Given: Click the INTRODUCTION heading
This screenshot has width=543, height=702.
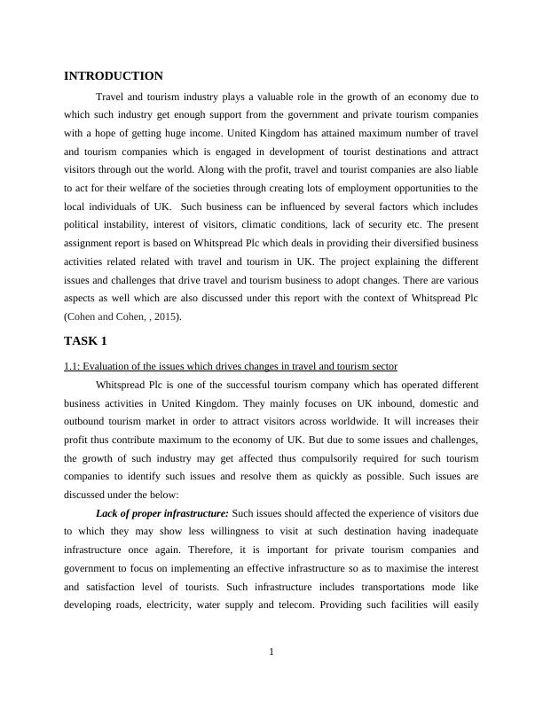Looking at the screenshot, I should point(114,76).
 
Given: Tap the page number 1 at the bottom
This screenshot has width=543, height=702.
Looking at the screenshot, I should point(271,653).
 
